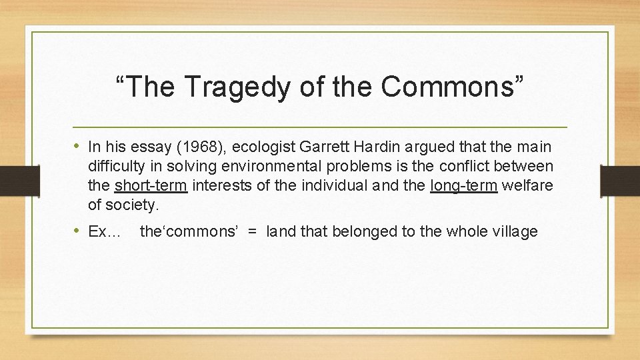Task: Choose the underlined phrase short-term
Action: pyautogui.click(x=151, y=185)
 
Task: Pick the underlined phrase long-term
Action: pyautogui.click(x=464, y=185)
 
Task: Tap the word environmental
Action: pyautogui.click(x=276, y=166)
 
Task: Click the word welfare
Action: pyautogui.click(x=527, y=185)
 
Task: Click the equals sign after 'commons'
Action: pyautogui.click(x=252, y=232)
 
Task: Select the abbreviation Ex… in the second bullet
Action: pyautogui.click(x=104, y=232)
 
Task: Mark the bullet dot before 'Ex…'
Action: pyautogui.click(x=77, y=231)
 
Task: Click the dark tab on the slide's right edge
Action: pyautogui.click(x=619, y=181)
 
